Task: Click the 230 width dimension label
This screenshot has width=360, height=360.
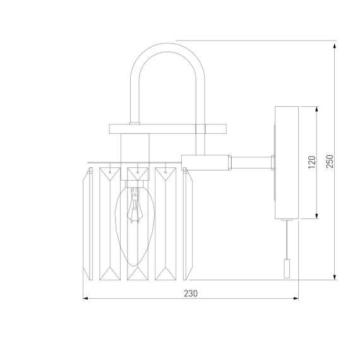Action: coord(191,293)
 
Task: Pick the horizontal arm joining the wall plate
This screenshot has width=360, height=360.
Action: coord(253,160)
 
